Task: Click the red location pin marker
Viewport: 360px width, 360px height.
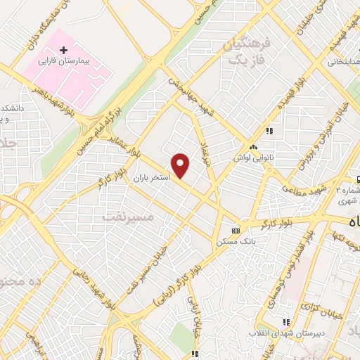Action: tap(181, 165)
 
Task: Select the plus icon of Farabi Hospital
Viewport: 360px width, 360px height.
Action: tap(64, 50)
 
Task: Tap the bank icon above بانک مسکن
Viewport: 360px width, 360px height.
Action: tap(236, 231)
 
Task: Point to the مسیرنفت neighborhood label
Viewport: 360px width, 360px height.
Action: tap(126, 217)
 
